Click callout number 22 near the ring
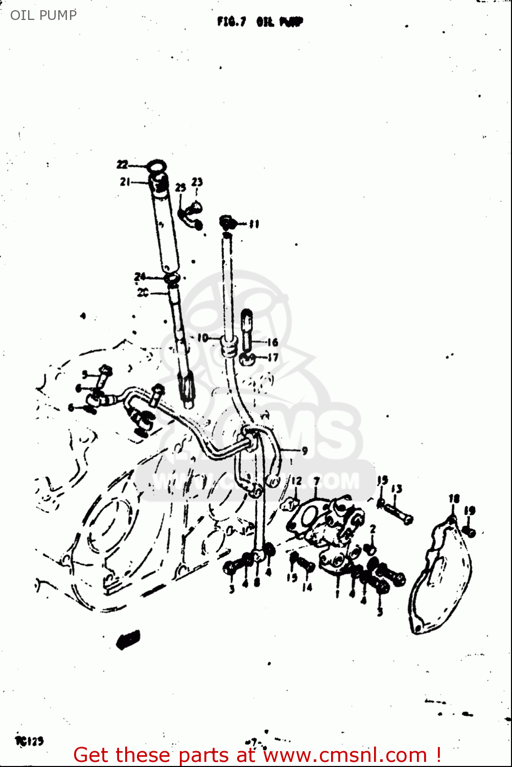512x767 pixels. coord(122,165)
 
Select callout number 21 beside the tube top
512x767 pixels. coord(125,182)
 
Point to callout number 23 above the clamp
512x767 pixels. coord(197,182)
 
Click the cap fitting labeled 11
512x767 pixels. coord(227,222)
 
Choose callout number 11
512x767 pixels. coord(254,224)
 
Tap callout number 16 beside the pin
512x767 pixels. coord(272,342)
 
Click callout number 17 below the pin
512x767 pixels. coord(273,357)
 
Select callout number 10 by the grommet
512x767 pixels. coord(202,338)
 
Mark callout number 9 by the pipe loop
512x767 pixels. coord(305,450)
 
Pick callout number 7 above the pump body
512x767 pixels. coord(316,481)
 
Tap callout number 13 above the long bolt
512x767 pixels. coord(397,489)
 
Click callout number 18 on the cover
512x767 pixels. coord(454,499)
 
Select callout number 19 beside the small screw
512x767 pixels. coord(470,510)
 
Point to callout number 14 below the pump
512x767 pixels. coord(307,588)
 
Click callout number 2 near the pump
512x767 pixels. coord(373,529)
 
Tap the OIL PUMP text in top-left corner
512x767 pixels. coord(43,15)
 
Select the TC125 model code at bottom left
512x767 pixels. coord(30,740)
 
